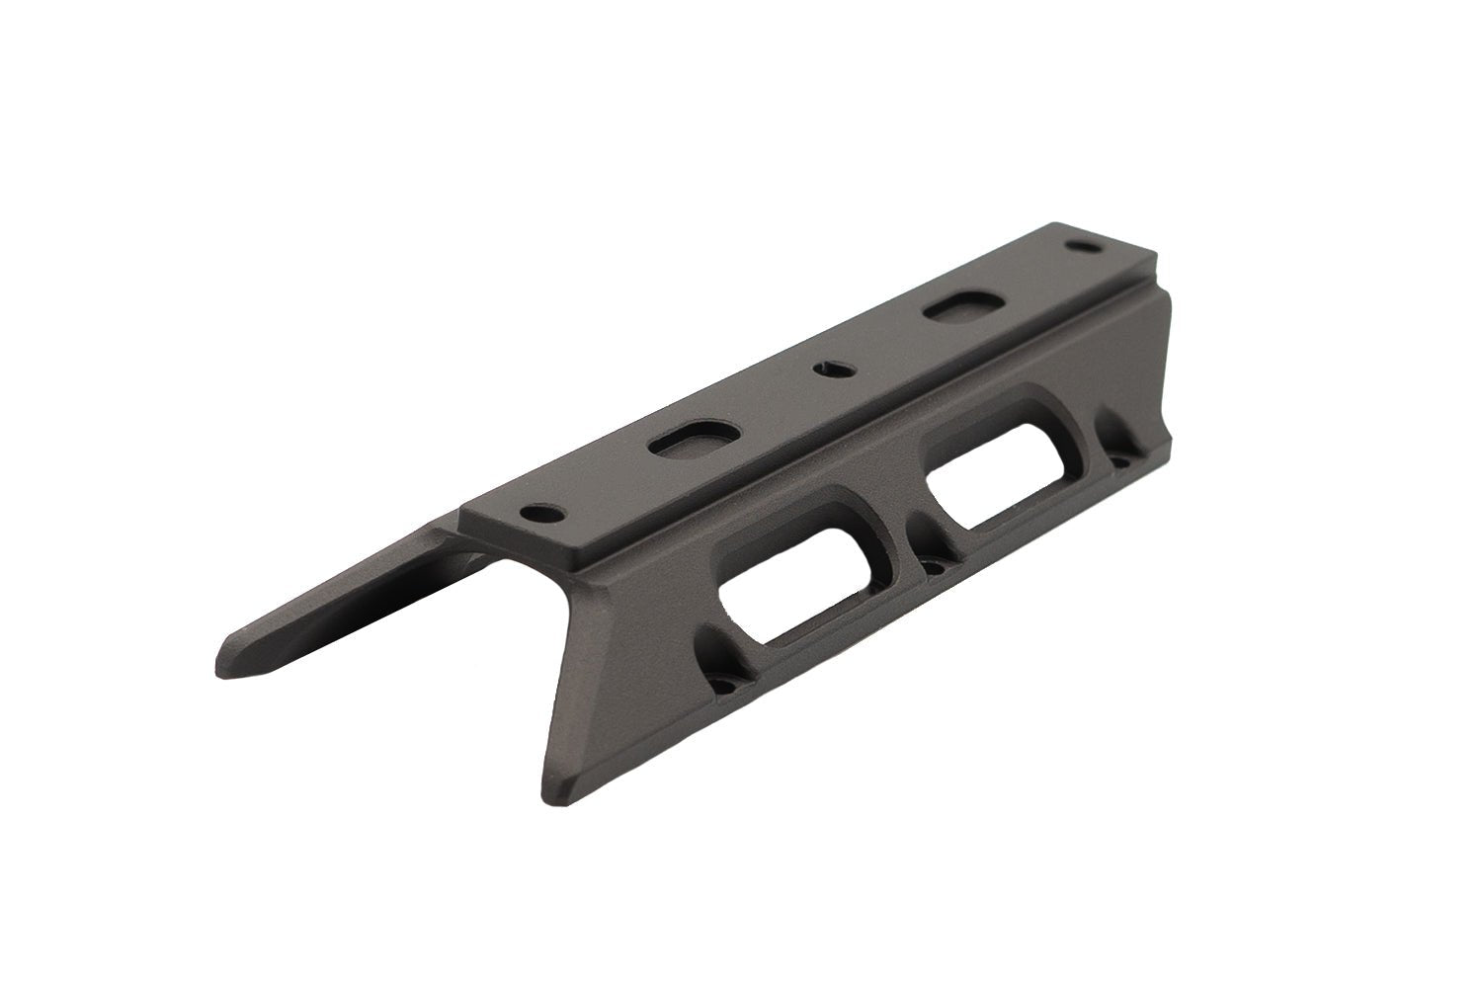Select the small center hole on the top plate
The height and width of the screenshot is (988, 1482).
828,369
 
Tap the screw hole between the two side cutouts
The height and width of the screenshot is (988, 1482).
933,566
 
